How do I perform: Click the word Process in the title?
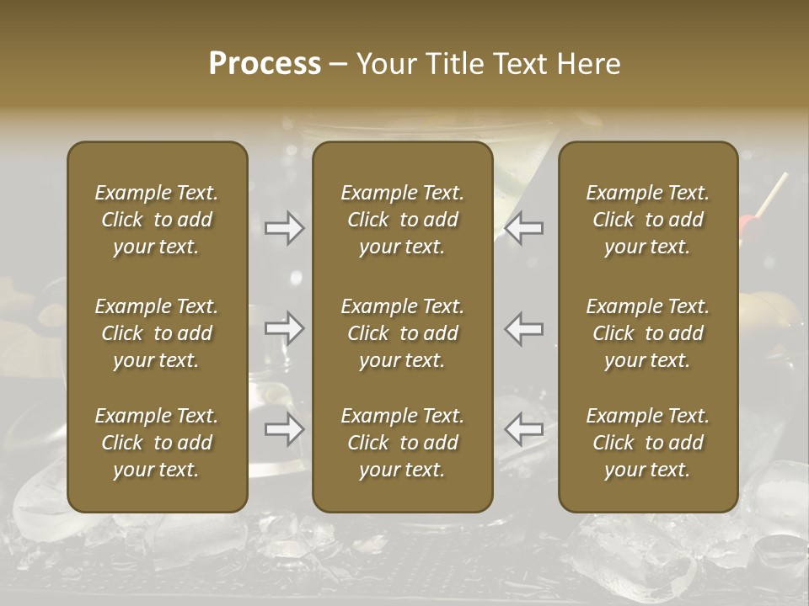(265, 64)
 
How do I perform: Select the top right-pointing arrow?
(285, 228)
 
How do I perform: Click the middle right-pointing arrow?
(285, 328)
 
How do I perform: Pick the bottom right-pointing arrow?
(285, 429)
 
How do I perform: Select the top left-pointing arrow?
(524, 228)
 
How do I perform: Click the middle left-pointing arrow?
(524, 328)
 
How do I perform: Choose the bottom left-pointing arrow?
(524, 429)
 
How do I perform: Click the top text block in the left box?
(157, 220)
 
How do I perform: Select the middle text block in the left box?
(157, 333)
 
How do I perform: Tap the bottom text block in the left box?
(157, 443)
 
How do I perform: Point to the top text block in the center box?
(402, 220)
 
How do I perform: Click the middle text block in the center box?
(402, 333)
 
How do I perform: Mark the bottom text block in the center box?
(402, 443)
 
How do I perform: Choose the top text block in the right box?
(647, 220)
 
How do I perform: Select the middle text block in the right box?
(647, 333)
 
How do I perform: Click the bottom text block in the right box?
(647, 443)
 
